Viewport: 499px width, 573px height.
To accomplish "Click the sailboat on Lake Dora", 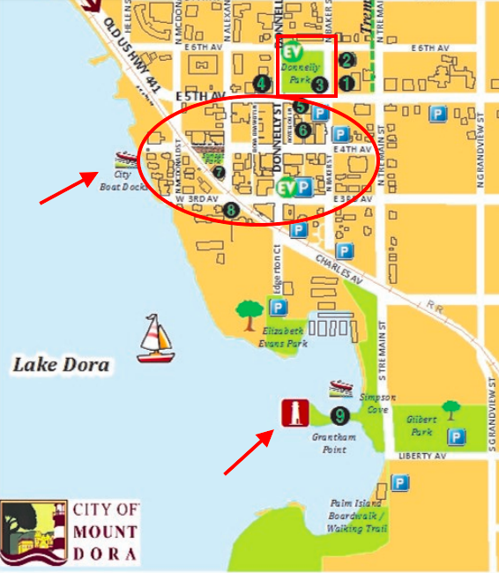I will pyautogui.click(x=156, y=339).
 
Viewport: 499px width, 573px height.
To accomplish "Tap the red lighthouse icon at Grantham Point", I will pyautogui.click(x=293, y=413).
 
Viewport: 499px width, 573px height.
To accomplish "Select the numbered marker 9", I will pyautogui.click(x=338, y=414).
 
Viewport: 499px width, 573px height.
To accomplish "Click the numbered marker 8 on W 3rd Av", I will pyautogui.click(x=230, y=210).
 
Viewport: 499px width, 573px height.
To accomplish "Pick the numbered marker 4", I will pyautogui.click(x=261, y=83).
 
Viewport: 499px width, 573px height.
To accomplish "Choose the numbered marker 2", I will pyautogui.click(x=346, y=60).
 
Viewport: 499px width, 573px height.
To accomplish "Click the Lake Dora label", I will pyautogui.click(x=61, y=364).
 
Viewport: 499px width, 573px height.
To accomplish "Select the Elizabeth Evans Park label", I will pyautogui.click(x=284, y=336).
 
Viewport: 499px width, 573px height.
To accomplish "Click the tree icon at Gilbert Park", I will pyautogui.click(x=451, y=410).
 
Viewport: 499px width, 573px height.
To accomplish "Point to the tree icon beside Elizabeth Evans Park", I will pyautogui.click(x=249, y=309).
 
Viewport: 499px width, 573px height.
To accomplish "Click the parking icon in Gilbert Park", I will pyautogui.click(x=456, y=436).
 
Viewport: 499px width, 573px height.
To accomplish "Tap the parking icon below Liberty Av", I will pyautogui.click(x=400, y=483).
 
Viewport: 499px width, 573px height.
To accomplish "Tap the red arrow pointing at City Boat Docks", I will pyautogui.click(x=69, y=187).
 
